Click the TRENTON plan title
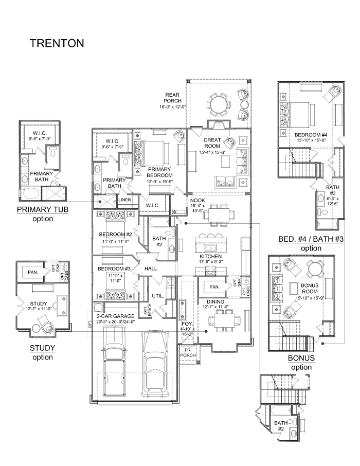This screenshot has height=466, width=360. [57, 43]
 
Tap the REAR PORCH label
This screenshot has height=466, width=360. [172, 98]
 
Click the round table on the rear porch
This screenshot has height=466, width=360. [218, 104]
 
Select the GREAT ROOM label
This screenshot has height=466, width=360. [212, 143]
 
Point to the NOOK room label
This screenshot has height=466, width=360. [197, 201]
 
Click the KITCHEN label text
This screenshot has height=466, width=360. [210, 256]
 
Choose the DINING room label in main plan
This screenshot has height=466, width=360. [215, 301]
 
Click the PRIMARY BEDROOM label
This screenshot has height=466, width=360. [159, 172]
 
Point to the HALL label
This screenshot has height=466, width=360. [151, 268]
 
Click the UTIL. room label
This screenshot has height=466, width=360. [157, 296]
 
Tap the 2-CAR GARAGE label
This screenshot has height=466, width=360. [115, 316]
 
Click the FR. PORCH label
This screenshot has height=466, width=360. [188, 353]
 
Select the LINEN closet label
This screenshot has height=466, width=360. [124, 200]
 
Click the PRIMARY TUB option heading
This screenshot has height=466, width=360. [43, 209]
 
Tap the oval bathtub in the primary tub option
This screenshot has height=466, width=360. [29, 194]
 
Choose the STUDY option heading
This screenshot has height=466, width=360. [43, 348]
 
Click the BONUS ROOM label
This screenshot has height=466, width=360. [310, 288]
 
